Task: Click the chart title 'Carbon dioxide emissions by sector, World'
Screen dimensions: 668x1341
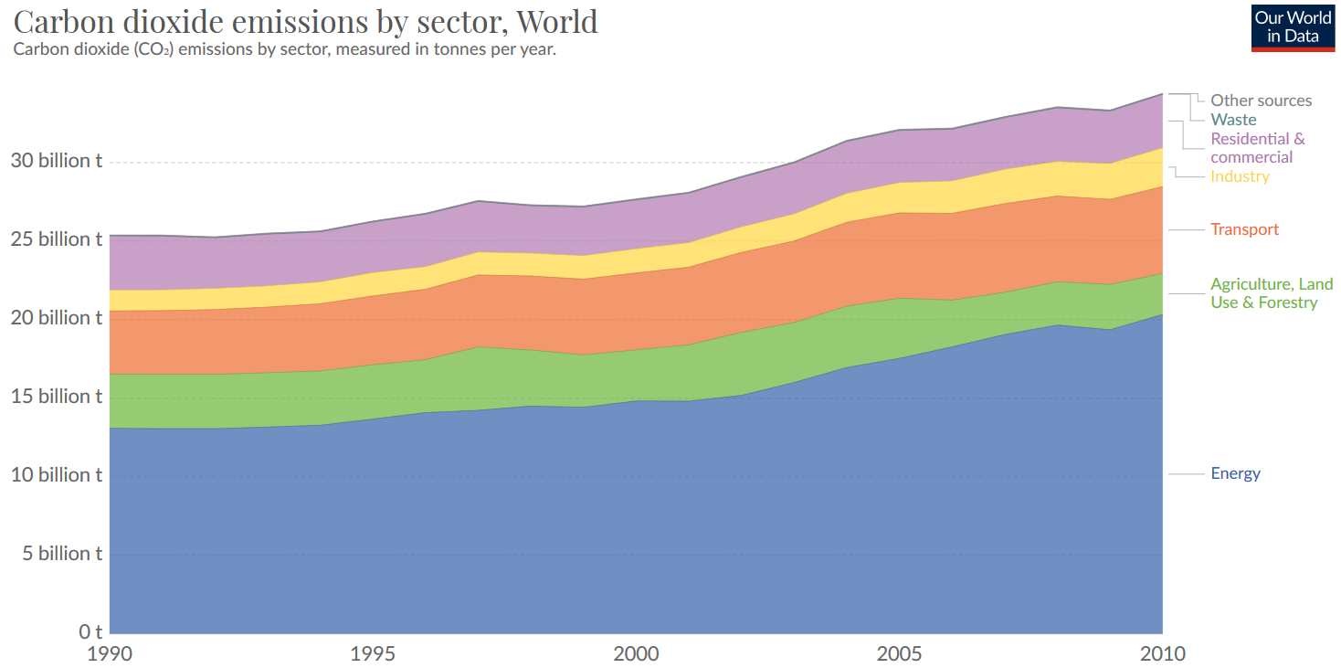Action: click(x=306, y=20)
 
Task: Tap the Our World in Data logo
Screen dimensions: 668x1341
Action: click(x=1293, y=27)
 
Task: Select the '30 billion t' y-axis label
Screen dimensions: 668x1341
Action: click(x=57, y=161)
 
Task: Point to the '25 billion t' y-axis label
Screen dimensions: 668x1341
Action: click(x=57, y=239)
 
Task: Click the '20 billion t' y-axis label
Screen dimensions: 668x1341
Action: click(x=57, y=318)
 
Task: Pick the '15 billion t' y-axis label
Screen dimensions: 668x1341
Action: click(x=57, y=397)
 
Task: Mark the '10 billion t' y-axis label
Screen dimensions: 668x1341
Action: click(x=57, y=475)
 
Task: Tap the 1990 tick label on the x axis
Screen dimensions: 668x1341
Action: click(x=110, y=654)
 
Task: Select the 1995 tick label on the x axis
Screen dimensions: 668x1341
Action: click(x=373, y=654)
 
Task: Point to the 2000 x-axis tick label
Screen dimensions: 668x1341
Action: click(x=636, y=654)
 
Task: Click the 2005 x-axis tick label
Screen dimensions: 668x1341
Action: click(x=899, y=654)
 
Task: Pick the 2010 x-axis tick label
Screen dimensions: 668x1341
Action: click(x=1162, y=654)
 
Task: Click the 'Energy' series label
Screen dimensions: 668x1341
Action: click(x=1235, y=473)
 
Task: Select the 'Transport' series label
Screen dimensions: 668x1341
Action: click(x=1244, y=229)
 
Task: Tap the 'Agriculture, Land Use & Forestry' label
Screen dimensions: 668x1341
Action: click(x=1263, y=293)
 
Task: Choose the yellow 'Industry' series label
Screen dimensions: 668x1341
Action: click(x=1240, y=176)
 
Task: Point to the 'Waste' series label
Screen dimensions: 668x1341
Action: click(x=1233, y=120)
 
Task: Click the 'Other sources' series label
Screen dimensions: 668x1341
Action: click(x=1261, y=101)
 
